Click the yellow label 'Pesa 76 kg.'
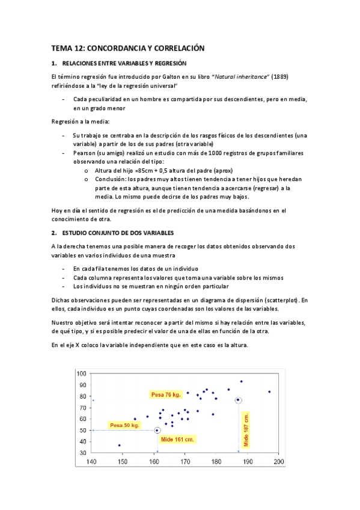[166, 395]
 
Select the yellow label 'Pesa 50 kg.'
[124, 425]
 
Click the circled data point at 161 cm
[157, 430]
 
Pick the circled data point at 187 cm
[239, 400]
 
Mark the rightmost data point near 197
[269, 392]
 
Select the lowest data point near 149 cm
[120, 445]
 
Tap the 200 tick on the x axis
[278, 462]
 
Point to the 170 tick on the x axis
[185, 462]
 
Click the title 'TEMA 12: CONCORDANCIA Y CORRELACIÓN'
[128, 48]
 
